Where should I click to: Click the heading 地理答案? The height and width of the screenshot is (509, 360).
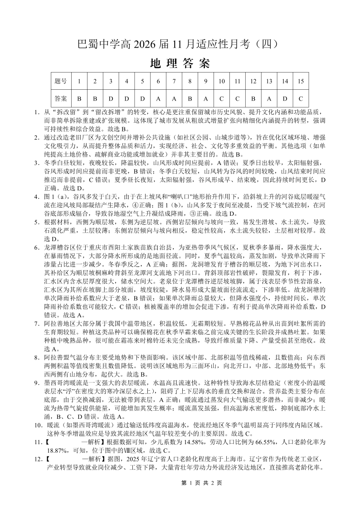coord(180,63)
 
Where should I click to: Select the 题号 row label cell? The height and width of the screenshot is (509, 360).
coord(60,81)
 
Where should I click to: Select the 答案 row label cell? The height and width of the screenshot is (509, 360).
coord(60,98)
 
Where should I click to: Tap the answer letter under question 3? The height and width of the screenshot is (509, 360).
coord(111,98)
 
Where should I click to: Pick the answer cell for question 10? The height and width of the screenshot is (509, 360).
coord(222,98)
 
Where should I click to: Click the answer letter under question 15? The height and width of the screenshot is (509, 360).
coord(300,98)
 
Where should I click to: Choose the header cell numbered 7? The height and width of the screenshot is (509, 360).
coord(174,81)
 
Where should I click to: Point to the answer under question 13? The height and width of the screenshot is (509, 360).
coord(269,98)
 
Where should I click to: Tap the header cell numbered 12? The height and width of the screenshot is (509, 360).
coord(253,81)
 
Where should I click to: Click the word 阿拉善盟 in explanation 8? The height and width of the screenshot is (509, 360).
coord(58,358)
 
